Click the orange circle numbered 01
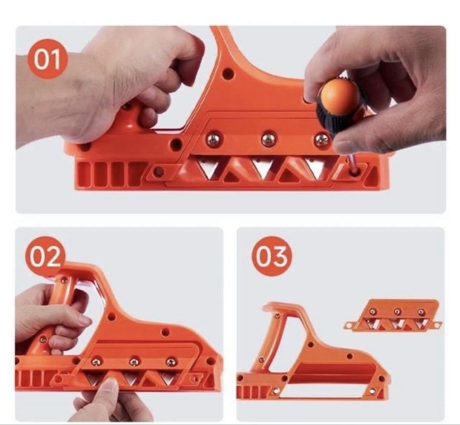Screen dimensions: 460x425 point(47,59)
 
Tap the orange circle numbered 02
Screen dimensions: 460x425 point(46,257)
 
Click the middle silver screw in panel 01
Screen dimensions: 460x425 point(268,140)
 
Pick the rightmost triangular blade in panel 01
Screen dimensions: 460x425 point(315,168)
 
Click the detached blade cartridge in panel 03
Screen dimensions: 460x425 point(393,316)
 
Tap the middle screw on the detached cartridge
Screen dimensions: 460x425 point(397,311)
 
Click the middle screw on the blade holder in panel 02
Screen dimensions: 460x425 point(134,362)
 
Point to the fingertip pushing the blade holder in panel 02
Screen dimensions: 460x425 point(110,384)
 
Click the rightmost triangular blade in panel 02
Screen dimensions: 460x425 point(167,378)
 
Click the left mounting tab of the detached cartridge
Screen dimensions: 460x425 point(350,325)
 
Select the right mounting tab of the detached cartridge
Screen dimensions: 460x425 point(436,325)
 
